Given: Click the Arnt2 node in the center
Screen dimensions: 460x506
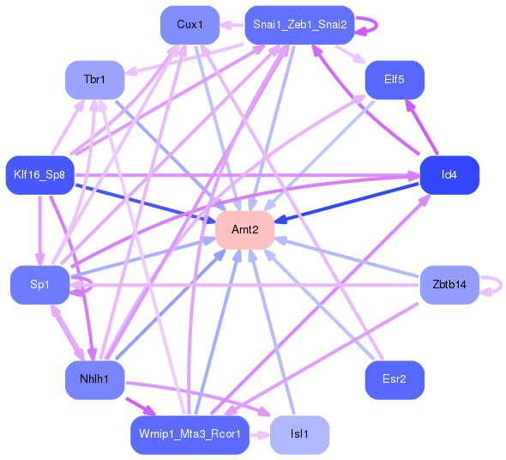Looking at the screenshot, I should [x=244, y=230].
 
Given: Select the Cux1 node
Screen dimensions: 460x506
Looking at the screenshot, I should [x=190, y=25].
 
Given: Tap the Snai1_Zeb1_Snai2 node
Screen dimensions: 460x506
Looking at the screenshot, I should [x=299, y=25].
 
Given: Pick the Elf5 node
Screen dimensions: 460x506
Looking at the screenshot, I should [x=395, y=80].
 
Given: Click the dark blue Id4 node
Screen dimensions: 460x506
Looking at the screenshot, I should [x=449, y=175].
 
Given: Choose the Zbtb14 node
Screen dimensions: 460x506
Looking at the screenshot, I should [x=449, y=284].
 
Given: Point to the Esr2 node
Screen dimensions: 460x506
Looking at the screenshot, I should [x=395, y=379].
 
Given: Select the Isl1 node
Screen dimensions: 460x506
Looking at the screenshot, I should [x=299, y=434].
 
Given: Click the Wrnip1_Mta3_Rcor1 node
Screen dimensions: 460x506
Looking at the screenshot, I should [x=190, y=434].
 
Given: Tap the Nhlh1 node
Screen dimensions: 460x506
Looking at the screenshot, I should [x=94, y=379].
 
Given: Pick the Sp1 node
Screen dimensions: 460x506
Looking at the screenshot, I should [x=39, y=284].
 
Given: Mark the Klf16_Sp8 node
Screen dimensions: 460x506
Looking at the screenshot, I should [x=39, y=175].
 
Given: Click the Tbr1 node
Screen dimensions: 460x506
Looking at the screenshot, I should [x=94, y=80].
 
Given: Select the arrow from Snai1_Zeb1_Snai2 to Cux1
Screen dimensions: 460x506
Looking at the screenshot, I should [x=232, y=25].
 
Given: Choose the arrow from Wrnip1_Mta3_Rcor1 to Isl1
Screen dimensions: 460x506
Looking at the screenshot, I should [x=259, y=434].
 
